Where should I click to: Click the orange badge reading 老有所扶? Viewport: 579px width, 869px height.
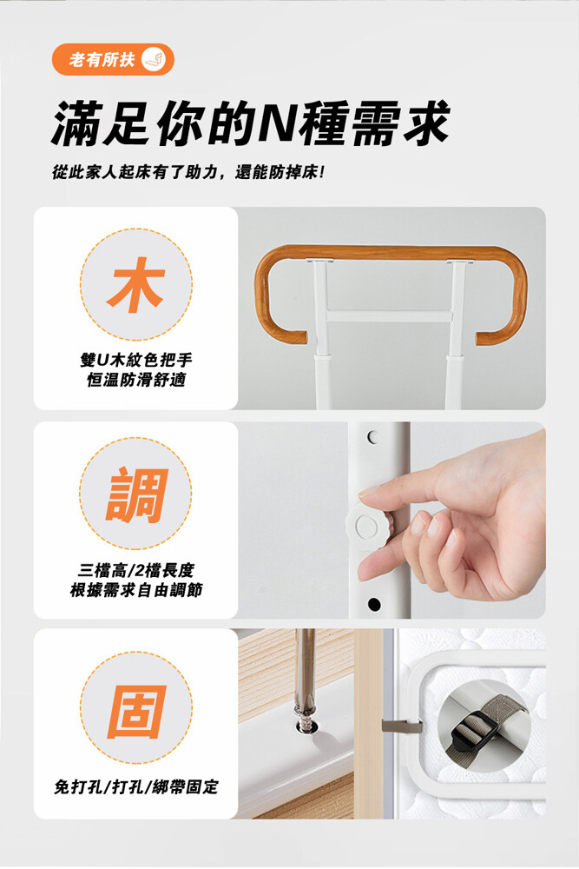113,59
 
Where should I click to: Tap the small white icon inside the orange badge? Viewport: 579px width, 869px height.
154,59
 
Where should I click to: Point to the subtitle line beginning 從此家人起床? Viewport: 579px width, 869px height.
188,173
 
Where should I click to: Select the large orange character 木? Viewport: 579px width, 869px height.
136,285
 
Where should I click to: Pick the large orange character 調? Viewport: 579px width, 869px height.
136,495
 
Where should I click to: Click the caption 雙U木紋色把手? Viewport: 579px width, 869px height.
136,361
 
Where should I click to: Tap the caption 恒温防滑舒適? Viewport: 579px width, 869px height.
136,381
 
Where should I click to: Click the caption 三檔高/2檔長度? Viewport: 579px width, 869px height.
136,570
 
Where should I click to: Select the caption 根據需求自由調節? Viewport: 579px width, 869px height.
136,590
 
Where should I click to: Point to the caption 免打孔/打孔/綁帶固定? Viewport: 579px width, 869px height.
136,786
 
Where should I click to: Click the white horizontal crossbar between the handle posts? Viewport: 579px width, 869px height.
390,316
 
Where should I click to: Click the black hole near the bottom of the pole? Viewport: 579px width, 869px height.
374,604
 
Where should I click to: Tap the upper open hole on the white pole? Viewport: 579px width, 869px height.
373,437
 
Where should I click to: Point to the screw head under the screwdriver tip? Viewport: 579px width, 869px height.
304,726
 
